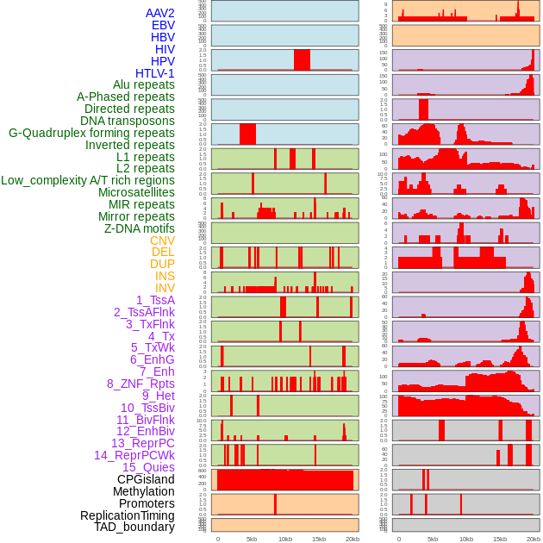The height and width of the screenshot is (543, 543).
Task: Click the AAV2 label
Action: click(160, 13)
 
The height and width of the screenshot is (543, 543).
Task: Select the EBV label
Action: click(163, 25)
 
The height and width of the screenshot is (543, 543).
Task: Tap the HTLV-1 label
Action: click(155, 73)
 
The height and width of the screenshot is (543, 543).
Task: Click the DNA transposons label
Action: click(128, 121)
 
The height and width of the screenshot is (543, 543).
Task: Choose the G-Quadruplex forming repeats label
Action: click(91, 133)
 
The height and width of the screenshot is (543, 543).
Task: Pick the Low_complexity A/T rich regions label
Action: click(88, 180)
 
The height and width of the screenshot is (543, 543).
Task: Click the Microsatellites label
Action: click(136, 192)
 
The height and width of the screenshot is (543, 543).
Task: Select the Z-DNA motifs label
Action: click(140, 228)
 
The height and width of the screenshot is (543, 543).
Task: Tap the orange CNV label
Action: click(162, 240)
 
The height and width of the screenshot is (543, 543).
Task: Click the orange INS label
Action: click(165, 276)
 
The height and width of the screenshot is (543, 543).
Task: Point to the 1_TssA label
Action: click(155, 300)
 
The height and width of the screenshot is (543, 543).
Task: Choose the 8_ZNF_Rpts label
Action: click(140, 384)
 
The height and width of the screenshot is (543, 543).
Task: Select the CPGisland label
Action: click(146, 479)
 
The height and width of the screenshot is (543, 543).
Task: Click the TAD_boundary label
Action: click(134, 527)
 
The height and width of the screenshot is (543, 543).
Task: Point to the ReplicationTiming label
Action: click(128, 515)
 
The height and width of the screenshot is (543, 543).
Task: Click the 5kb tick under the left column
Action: click(252, 539)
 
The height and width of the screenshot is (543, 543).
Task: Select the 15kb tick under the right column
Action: click(500, 539)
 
